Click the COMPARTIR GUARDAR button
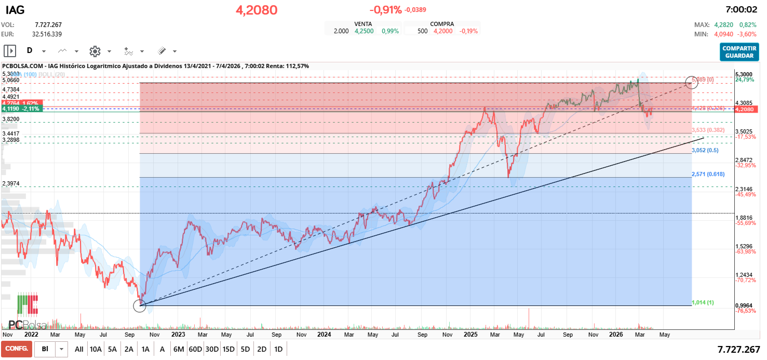click(x=739, y=52)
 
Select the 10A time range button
click(x=96, y=349)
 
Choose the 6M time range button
click(x=179, y=349)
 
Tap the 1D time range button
click(x=278, y=349)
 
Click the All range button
click(x=79, y=349)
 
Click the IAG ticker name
click(x=15, y=10)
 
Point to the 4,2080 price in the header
click(x=257, y=10)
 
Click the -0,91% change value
click(x=385, y=10)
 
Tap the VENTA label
click(x=363, y=24)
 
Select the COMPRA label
click(x=442, y=24)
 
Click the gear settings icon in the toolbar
click(x=95, y=51)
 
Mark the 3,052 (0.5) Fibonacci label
click(x=705, y=150)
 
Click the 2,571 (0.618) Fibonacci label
click(x=708, y=174)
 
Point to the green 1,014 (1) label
click(x=703, y=302)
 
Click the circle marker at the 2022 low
click(x=140, y=305)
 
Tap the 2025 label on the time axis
click(x=470, y=335)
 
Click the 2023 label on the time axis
click(x=178, y=335)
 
